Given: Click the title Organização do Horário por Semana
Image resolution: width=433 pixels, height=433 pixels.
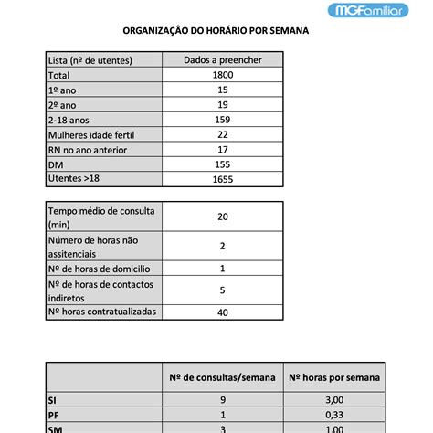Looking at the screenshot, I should coord(216,29).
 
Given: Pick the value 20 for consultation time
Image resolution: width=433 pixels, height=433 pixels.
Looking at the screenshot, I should coord(222,216).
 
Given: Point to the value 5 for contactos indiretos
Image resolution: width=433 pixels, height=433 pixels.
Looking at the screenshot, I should coord(222,290).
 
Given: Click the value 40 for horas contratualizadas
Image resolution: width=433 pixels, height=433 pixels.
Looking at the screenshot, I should coord(222,312).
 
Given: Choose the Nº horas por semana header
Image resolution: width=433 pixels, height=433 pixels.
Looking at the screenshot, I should coord(334,377).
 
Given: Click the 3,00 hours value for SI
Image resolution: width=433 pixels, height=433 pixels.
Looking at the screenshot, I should coord(334,399).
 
